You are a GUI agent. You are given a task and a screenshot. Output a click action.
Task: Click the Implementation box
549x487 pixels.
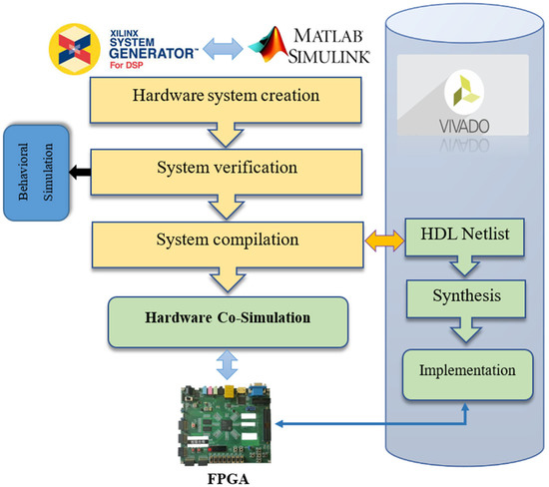point(460,369)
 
